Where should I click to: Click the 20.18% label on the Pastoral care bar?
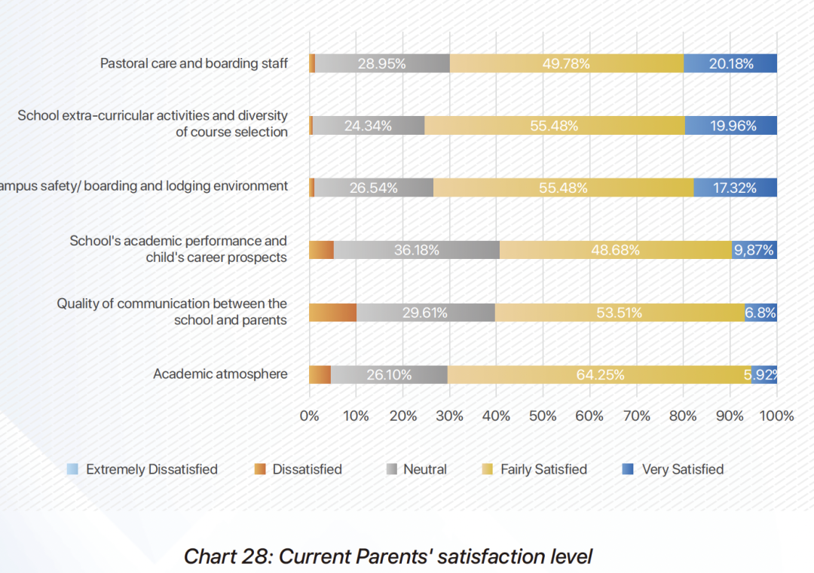click(x=730, y=64)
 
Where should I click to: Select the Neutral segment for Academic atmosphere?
click(x=389, y=374)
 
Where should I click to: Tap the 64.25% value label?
click(x=600, y=374)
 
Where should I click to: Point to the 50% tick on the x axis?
click(x=543, y=416)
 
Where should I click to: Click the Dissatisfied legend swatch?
click(x=260, y=469)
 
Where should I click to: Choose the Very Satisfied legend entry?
click(x=672, y=469)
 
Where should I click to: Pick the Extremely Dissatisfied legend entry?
click(x=142, y=469)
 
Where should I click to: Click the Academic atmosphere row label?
click(x=220, y=374)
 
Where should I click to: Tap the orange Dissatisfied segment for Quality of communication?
click(x=332, y=312)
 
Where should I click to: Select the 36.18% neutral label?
click(x=417, y=250)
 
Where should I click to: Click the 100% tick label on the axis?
click(x=777, y=416)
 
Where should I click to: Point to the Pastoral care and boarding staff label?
click(x=194, y=63)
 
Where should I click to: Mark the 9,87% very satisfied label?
click(x=754, y=250)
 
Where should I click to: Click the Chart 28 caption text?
click(x=388, y=556)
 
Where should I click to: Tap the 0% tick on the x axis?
click(x=309, y=416)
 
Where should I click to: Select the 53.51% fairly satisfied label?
click(x=619, y=312)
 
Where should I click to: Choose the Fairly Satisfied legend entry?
click(x=534, y=469)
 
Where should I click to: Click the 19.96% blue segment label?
click(x=733, y=126)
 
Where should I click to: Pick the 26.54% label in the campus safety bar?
click(x=373, y=188)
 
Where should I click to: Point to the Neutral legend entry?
click(x=416, y=469)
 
